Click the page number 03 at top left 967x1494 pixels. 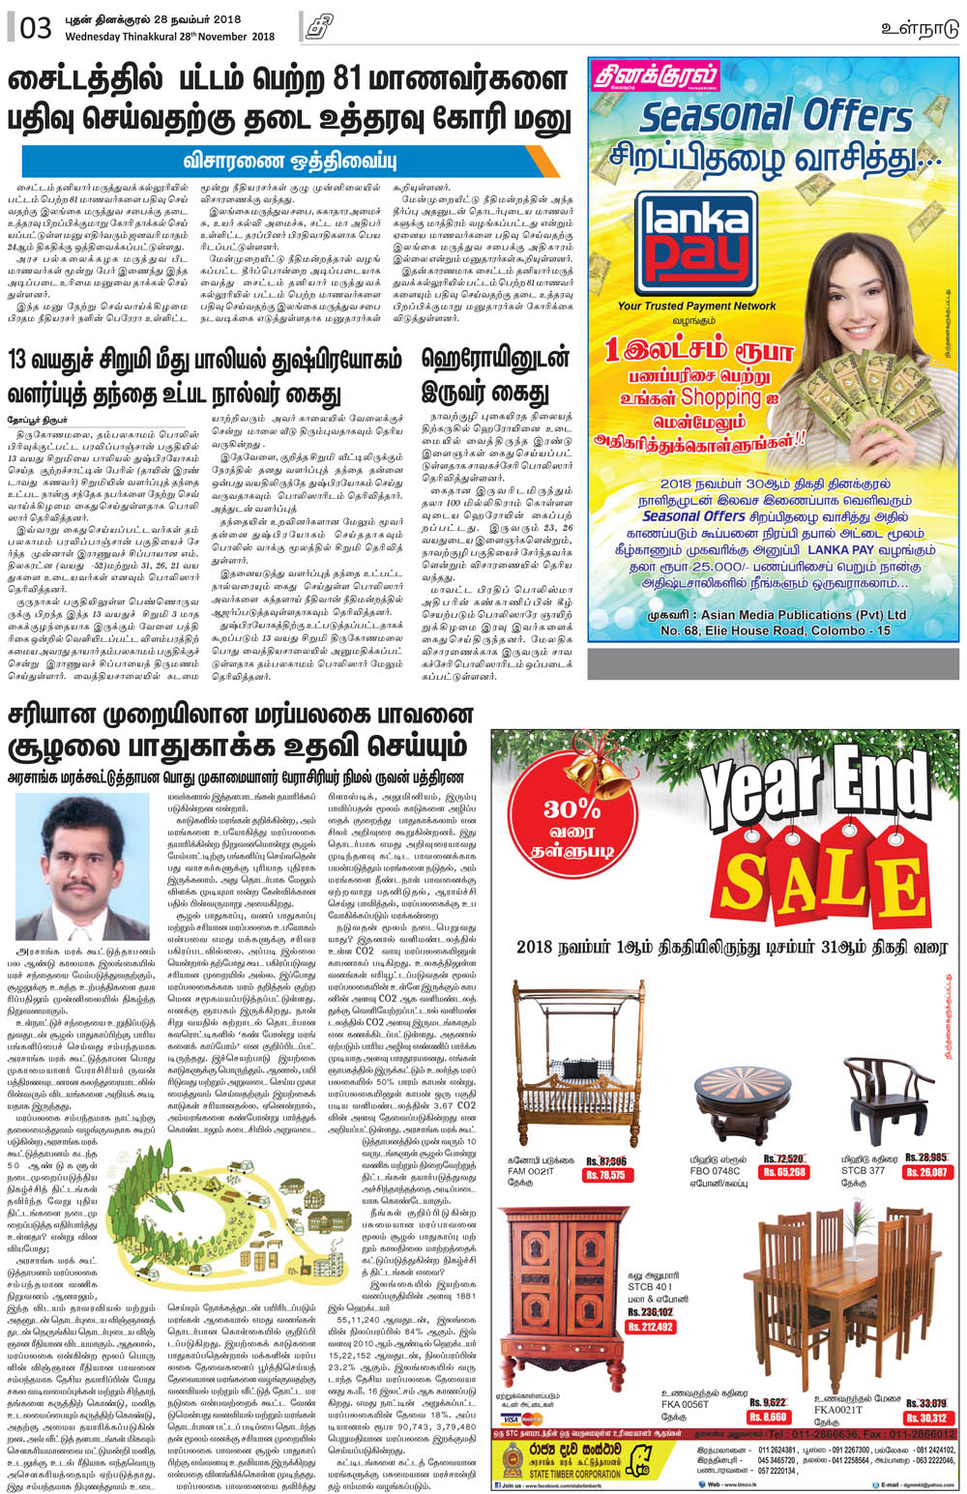[x=35, y=28]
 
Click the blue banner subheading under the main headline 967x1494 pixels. [x=290, y=161]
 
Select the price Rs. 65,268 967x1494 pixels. [x=784, y=1172]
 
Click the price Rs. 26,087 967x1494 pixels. [x=926, y=1172]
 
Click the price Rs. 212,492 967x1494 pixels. [x=650, y=1328]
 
